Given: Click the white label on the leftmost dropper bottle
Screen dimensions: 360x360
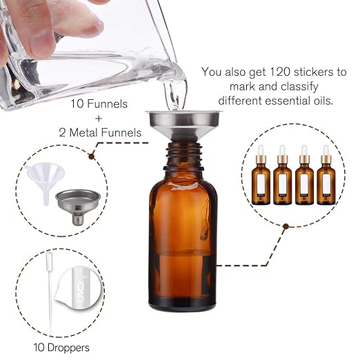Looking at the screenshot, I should tap(260, 185).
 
